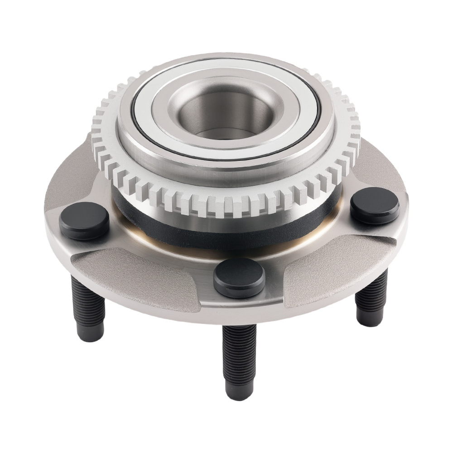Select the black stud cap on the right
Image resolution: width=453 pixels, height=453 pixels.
pyautogui.click(x=375, y=205)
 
